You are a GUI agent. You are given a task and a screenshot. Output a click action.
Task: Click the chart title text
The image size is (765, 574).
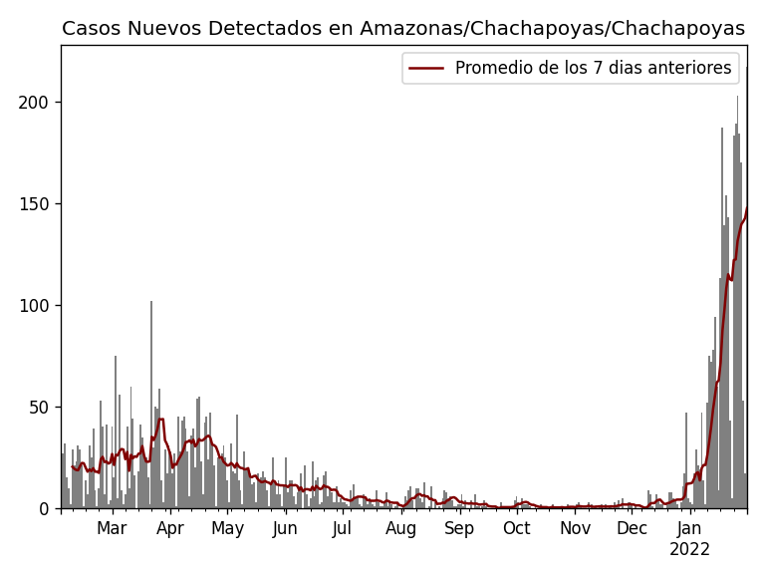402,29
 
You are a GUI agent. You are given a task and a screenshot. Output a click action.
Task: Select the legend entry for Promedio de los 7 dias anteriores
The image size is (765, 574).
593,68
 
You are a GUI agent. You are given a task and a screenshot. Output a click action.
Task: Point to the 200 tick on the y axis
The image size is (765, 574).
36,103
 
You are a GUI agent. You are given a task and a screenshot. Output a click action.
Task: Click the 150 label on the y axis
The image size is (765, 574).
36,204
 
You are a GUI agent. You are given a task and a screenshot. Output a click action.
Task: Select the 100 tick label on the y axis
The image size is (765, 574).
36,306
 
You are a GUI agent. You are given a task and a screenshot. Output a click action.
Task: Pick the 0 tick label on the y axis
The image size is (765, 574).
45,509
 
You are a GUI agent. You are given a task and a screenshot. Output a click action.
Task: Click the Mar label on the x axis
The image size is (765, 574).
112,528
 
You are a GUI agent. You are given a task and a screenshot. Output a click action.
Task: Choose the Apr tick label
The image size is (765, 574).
170,528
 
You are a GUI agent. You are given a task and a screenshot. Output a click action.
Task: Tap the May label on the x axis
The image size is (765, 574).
228,528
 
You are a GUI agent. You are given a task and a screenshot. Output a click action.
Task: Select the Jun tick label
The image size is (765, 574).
286,528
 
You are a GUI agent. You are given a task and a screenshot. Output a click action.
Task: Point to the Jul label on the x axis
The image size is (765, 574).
343,528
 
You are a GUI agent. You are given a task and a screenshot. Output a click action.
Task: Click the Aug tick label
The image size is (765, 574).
401,528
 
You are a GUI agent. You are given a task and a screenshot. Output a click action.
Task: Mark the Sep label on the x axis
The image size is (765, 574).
459,528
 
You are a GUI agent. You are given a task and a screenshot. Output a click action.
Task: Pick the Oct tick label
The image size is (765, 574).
517,528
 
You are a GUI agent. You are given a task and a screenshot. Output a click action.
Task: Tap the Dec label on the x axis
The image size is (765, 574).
632,528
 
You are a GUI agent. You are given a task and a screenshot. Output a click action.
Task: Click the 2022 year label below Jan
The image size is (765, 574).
689,549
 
